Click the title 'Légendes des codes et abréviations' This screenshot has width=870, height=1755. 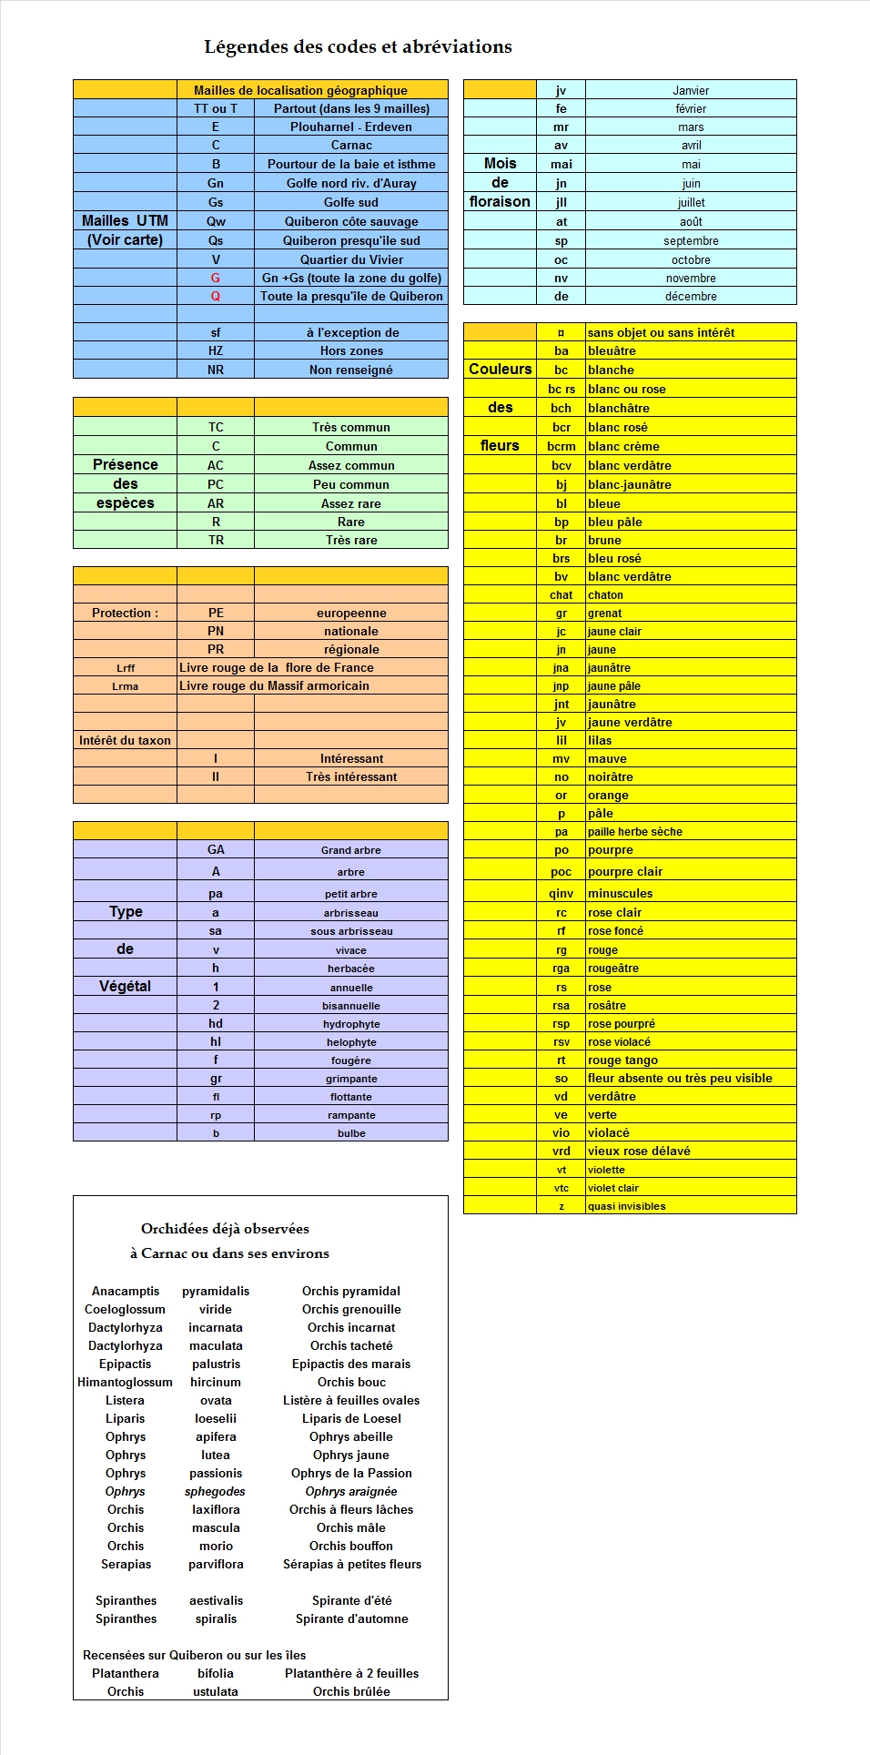[358, 46]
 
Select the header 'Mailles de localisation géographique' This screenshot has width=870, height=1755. [300, 90]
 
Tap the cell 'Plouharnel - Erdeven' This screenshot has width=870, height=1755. [350, 127]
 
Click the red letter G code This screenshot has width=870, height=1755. [216, 278]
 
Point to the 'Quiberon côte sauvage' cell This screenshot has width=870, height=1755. [350, 221]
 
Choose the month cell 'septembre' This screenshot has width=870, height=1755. [691, 240]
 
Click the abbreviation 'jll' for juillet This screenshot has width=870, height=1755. [561, 202]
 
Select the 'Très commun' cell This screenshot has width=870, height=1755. [350, 427]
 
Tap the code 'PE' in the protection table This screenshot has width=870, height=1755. [216, 613]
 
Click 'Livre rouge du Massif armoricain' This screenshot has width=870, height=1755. [274, 685]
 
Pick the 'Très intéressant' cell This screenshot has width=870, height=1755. [350, 776]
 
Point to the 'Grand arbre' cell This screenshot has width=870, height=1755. [350, 849]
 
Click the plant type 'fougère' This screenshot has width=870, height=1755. [350, 1060]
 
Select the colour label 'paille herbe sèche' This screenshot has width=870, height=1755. [634, 831]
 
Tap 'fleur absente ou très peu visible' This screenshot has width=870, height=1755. [679, 1078]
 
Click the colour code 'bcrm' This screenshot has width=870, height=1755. [561, 446]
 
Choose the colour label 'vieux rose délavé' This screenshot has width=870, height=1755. [638, 1151]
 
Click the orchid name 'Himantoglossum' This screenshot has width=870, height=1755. [125, 1382]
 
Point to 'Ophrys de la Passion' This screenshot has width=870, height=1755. [350, 1473]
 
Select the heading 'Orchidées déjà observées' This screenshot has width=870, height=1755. [225, 1229]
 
